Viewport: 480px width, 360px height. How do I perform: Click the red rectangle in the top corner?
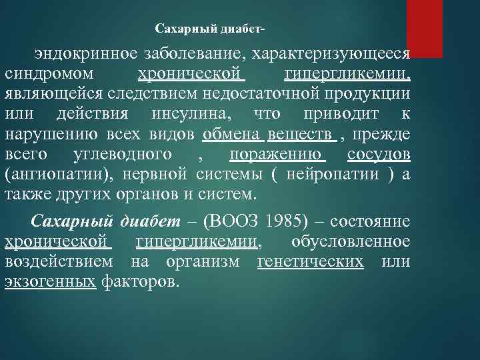425,28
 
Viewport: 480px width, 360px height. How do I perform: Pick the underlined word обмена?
233,136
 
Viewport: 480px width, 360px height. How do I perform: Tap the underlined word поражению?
277,156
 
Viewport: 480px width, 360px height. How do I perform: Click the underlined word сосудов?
379,156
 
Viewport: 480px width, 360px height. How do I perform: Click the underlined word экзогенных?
50,281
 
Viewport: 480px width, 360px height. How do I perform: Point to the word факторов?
141,281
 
